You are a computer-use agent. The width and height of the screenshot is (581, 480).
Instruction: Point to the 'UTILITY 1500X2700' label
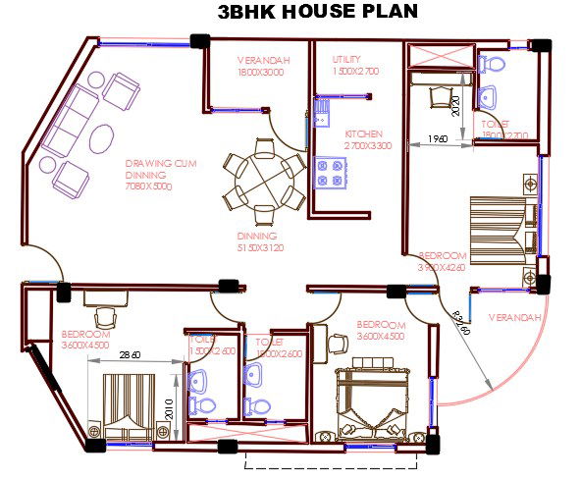(355, 66)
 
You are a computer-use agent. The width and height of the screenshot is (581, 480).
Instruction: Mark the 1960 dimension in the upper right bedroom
(438, 139)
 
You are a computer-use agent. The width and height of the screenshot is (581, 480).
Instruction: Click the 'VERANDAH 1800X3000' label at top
(260, 66)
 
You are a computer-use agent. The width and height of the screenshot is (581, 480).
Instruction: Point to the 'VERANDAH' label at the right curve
(514, 318)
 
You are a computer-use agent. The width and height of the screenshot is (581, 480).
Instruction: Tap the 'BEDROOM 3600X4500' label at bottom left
(84, 339)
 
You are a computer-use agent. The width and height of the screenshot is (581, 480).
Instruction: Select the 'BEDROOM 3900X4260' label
(441, 261)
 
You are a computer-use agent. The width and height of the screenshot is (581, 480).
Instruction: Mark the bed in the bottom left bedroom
(125, 404)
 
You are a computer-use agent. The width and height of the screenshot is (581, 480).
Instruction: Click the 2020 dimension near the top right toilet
(455, 100)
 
